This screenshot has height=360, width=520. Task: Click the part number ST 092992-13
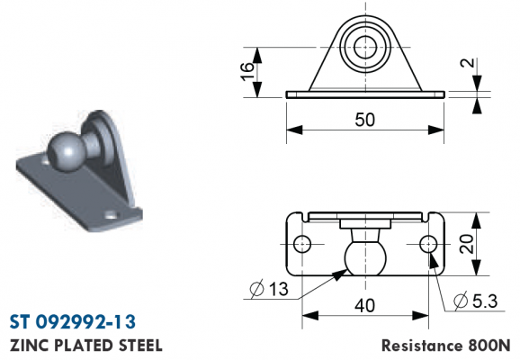pos(73,322)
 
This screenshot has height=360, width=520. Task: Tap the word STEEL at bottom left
pos(140,346)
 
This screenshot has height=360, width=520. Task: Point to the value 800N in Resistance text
pos(489,346)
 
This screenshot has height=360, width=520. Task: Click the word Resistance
pos(422,346)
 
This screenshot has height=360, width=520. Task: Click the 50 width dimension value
pos(364,120)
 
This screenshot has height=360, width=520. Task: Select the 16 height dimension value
pos(247,71)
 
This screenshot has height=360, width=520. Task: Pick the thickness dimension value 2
pos(468,63)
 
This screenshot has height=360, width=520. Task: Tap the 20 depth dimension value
pos(467,244)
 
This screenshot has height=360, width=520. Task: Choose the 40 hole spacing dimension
pos(364,305)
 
